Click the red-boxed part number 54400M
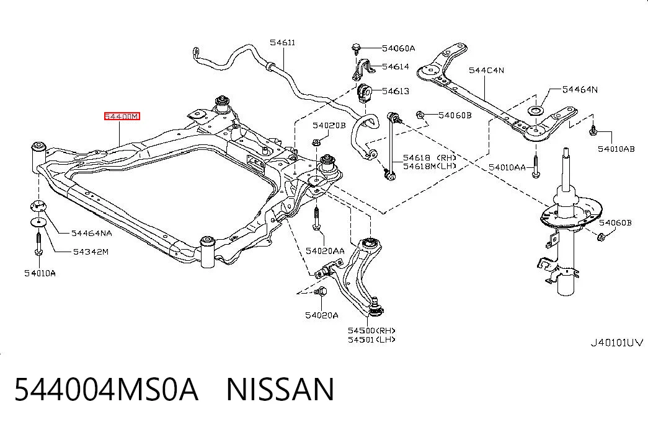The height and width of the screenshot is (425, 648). [x=122, y=116]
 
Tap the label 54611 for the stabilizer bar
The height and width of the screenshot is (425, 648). [x=283, y=43]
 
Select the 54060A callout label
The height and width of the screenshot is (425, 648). [x=398, y=48]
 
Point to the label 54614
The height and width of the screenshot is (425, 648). [x=396, y=66]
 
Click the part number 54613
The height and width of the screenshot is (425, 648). [x=396, y=91]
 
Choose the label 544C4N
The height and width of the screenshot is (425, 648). [x=486, y=70]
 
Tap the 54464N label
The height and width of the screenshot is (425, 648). [x=580, y=89]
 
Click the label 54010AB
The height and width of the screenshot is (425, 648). [x=616, y=149]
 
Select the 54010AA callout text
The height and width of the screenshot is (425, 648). [x=507, y=167]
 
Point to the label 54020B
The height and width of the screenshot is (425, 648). [x=329, y=125]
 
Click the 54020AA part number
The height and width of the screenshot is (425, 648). [x=325, y=251]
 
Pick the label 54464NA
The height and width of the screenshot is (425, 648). [x=91, y=234]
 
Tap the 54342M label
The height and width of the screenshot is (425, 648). [x=91, y=252]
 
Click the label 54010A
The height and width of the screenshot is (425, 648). [x=40, y=273]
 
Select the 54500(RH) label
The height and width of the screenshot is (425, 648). [x=371, y=330]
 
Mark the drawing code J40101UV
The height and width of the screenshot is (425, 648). [x=616, y=343]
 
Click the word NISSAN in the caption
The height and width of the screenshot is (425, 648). [x=280, y=389]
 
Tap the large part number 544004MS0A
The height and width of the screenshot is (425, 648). [x=106, y=389]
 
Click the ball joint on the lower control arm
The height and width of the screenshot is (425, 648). [x=375, y=307]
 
